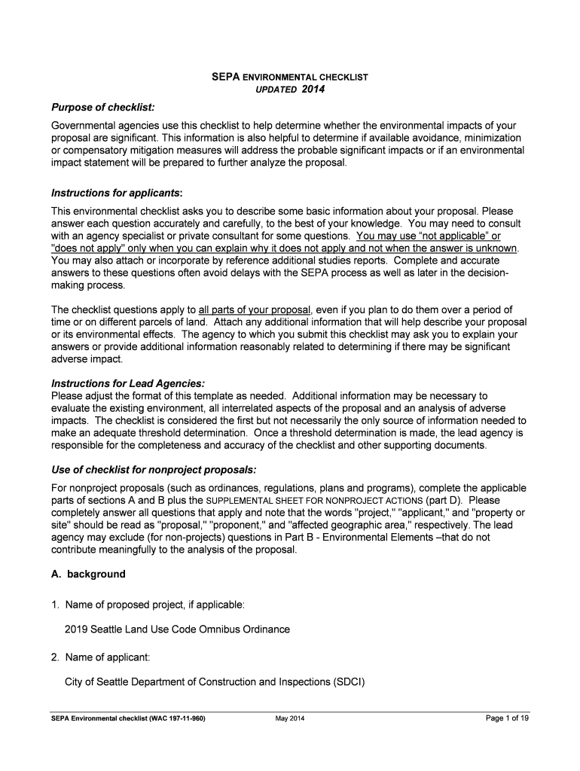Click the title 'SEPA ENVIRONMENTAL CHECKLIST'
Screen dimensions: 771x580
288,77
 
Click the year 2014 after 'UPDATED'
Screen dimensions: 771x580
313,90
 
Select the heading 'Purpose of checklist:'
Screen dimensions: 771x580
102,107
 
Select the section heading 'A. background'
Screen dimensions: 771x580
88,574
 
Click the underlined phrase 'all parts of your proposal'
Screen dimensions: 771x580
255,309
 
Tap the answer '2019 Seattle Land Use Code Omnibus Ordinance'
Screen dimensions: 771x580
177,629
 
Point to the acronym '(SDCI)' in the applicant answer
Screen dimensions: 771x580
348,682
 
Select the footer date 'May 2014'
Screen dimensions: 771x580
290,718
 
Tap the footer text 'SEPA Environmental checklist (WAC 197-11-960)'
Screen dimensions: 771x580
124,718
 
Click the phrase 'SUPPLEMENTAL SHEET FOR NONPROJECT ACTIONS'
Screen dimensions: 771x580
315,500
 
